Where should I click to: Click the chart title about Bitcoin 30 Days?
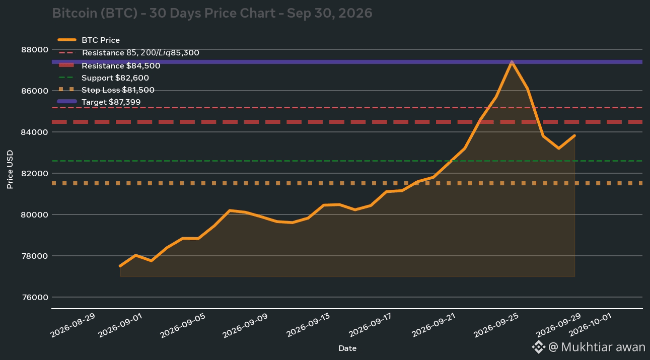click(x=212, y=14)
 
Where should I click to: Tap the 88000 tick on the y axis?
click(x=35, y=50)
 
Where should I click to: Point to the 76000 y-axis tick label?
click(x=35, y=298)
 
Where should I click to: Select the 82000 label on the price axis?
click(x=35, y=174)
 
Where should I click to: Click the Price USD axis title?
click(x=10, y=169)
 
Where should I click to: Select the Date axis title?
click(x=347, y=348)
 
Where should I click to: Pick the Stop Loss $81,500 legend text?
click(x=118, y=90)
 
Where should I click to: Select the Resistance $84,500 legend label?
click(x=121, y=66)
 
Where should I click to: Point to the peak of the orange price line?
click(x=512, y=62)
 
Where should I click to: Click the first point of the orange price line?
click(x=120, y=266)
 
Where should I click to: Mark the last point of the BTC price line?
click(x=574, y=135)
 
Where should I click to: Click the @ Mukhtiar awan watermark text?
click(x=597, y=347)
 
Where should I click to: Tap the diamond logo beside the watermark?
click(x=539, y=347)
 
